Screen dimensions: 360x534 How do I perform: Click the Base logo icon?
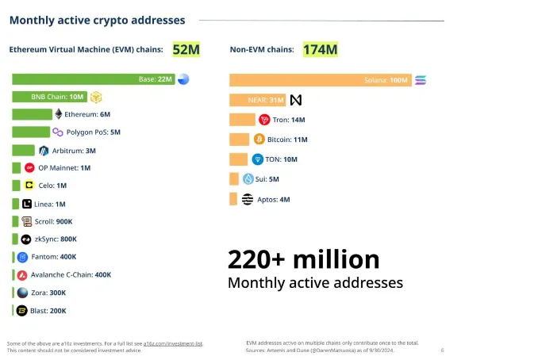tap(184, 79)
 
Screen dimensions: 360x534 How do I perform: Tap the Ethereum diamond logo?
tap(58, 114)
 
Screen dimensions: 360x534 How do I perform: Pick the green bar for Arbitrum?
tap(24, 151)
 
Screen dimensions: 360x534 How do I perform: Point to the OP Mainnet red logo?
tap(29, 168)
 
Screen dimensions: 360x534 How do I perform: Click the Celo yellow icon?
tap(29, 186)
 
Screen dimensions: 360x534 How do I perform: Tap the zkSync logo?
tap(26, 239)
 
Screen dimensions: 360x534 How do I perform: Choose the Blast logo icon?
tap(22, 310)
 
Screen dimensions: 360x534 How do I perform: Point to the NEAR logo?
tap(296, 101)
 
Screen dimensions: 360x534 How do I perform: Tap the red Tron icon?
tap(264, 120)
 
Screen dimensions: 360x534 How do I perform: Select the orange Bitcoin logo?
tap(259, 139)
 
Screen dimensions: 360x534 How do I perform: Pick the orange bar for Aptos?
tap(233, 199)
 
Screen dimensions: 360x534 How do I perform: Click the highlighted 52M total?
tap(186, 50)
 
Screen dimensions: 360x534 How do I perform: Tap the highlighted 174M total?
tap(320, 50)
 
